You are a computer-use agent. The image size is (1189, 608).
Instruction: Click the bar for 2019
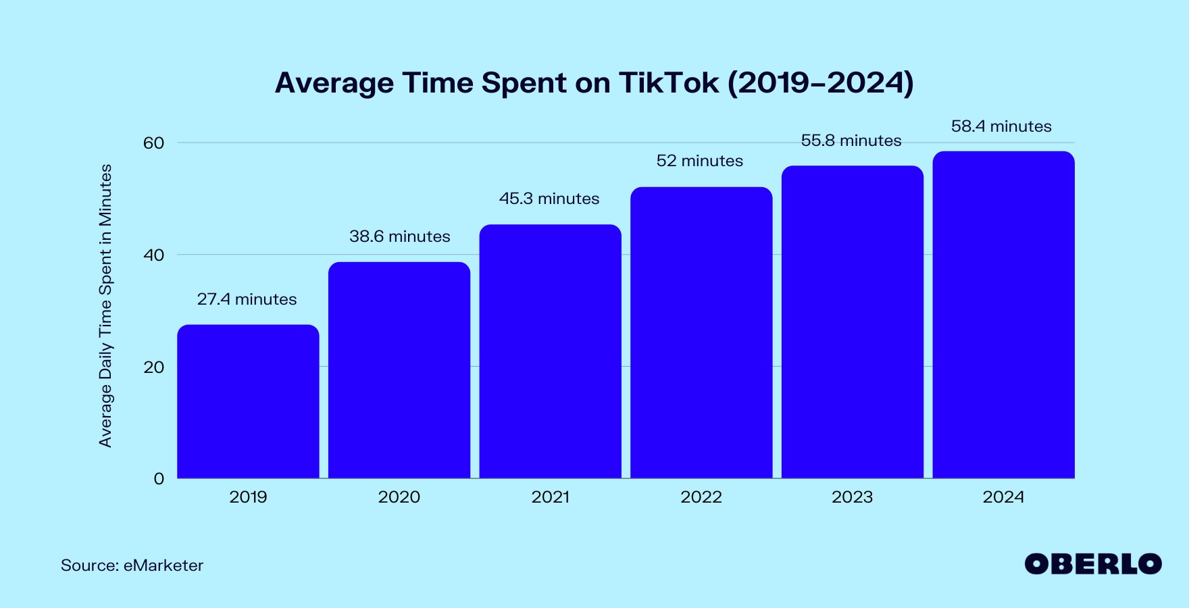click(248, 402)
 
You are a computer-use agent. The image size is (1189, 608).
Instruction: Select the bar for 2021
click(550, 351)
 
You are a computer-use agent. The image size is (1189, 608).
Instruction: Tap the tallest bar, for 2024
click(1003, 315)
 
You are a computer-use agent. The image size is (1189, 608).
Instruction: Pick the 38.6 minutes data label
click(399, 236)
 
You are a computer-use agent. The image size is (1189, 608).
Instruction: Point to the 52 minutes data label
click(699, 161)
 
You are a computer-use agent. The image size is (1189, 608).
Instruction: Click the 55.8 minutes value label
click(851, 141)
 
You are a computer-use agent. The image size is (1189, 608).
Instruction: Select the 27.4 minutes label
click(247, 299)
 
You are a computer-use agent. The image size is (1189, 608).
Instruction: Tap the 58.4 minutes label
click(1001, 126)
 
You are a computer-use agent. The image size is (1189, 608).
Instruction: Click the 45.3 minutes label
click(549, 199)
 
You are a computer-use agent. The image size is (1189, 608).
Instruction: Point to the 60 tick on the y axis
click(153, 143)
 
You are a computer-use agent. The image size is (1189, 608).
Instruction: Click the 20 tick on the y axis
click(153, 367)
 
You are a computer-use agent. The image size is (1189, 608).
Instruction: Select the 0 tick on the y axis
click(159, 479)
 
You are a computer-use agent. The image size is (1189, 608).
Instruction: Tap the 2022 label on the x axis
click(701, 497)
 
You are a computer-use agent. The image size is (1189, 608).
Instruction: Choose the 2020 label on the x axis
click(399, 497)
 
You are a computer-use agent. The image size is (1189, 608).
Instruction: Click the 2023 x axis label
click(852, 497)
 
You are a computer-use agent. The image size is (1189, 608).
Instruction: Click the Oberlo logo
click(1092, 564)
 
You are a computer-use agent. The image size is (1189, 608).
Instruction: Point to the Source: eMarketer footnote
click(132, 565)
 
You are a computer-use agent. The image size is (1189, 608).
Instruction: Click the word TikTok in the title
click(668, 83)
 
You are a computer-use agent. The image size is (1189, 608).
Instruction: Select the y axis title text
click(105, 305)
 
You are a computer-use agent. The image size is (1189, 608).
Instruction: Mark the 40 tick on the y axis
click(153, 255)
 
